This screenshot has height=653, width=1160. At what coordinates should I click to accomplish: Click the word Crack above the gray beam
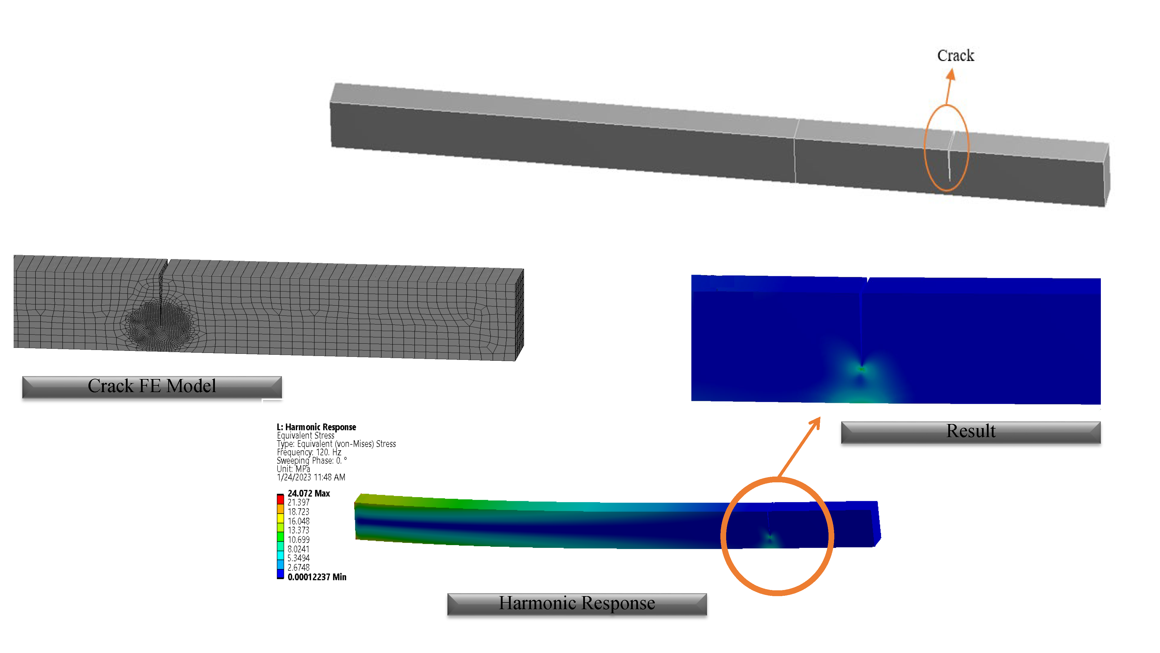point(956,55)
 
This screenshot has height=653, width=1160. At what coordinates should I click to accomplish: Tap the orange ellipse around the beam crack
point(925,149)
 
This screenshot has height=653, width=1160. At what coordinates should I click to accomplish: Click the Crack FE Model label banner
point(152,387)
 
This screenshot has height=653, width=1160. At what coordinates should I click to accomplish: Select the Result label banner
point(971,432)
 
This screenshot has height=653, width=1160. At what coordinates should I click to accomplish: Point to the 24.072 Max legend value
point(309,493)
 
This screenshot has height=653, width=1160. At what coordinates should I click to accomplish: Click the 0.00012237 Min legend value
point(317,577)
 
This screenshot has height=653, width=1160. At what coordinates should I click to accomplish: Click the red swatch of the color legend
point(280,499)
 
